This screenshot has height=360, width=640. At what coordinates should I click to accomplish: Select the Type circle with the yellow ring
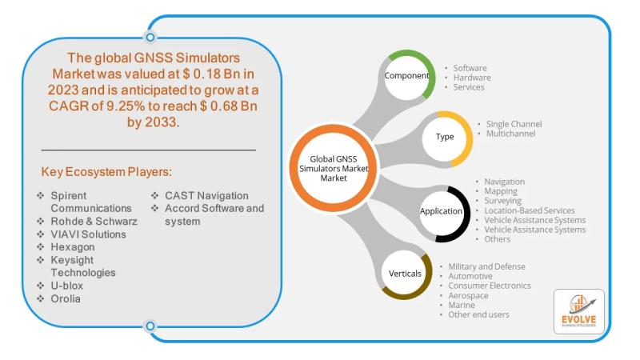[x=447, y=137]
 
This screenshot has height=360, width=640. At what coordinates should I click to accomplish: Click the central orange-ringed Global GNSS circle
[x=333, y=168]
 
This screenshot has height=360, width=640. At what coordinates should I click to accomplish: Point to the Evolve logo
[x=578, y=311]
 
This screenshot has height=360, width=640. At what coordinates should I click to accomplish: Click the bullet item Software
[x=470, y=68]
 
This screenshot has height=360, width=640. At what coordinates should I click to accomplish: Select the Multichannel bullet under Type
[x=510, y=134]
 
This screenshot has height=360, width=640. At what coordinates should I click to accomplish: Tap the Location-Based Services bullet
[x=530, y=210]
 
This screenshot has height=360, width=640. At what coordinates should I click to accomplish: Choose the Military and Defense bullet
[x=486, y=266]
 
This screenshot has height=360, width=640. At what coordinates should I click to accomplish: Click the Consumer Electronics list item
[x=490, y=286]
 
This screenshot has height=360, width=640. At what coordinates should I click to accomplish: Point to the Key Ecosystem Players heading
[x=106, y=172]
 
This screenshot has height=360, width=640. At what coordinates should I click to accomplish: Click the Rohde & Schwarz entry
[x=94, y=222]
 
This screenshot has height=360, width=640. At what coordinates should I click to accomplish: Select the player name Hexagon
[x=73, y=247]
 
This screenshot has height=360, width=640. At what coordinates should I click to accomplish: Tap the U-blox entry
[x=67, y=286]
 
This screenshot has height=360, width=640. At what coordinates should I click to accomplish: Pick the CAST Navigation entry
[x=206, y=195]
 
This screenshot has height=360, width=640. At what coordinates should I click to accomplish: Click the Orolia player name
[x=66, y=298]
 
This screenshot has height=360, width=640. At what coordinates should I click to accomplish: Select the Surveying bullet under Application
[x=503, y=201]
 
